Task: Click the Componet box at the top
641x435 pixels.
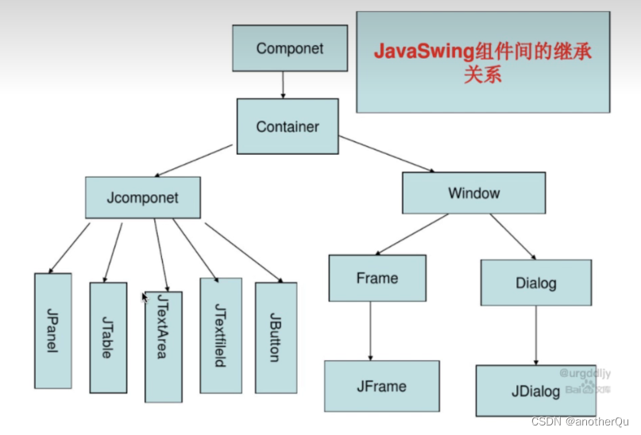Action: click(289, 48)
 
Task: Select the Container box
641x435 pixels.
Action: click(288, 126)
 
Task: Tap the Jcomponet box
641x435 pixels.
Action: click(143, 197)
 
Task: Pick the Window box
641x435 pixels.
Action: click(473, 193)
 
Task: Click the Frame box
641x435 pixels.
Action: click(377, 278)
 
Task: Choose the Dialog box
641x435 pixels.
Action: click(535, 283)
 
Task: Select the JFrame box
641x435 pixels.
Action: click(381, 387)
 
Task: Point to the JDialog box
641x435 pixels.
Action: click(537, 391)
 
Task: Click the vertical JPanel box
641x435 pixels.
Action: click(53, 330)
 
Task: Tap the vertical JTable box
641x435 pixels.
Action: click(107, 337)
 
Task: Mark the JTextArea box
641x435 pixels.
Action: click(163, 346)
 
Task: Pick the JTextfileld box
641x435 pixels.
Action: click(221, 335)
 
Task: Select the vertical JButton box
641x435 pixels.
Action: click(275, 337)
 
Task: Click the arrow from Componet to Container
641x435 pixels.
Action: click(283, 84)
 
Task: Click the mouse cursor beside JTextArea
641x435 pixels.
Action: click(145, 297)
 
